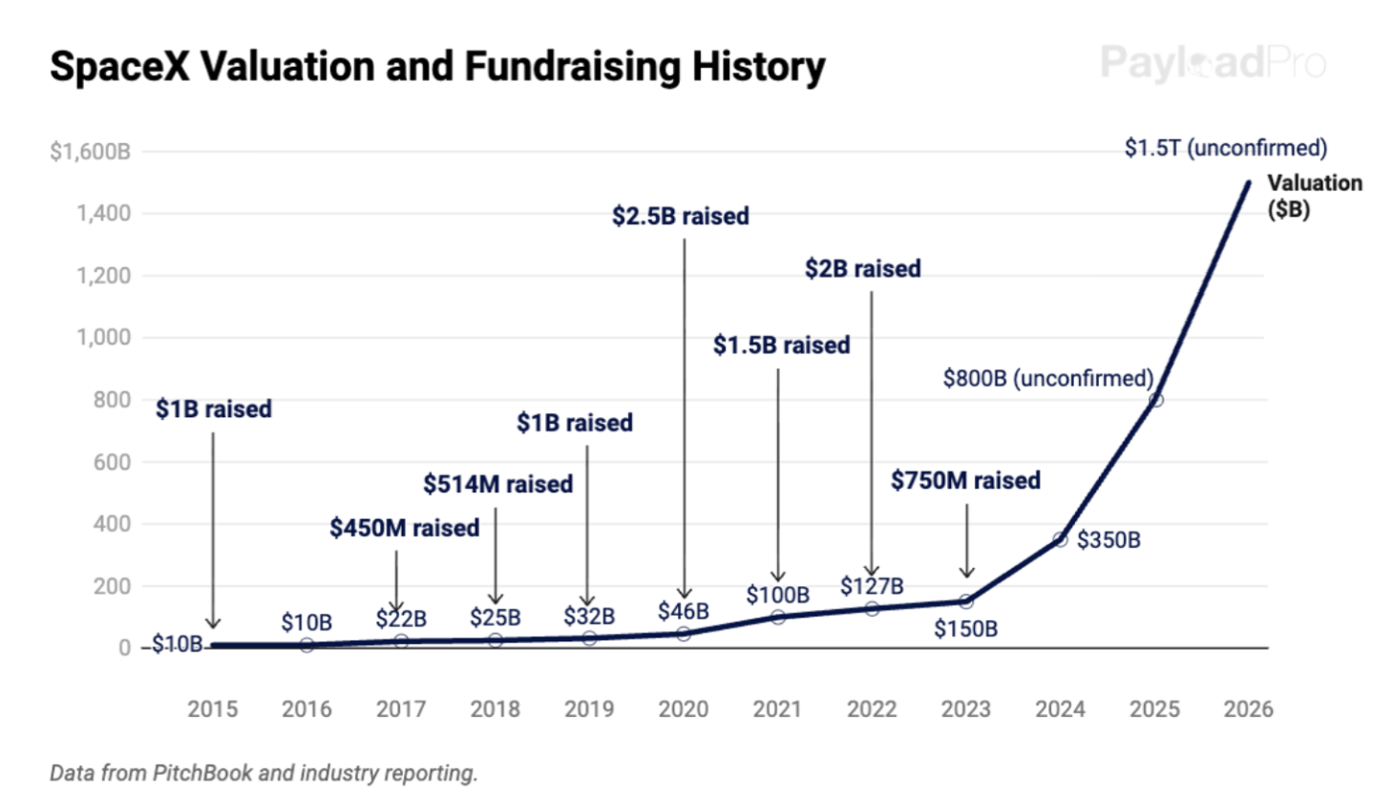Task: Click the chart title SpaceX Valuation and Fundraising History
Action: coord(437,67)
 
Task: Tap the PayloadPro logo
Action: coord(1213,63)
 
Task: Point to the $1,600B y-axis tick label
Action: coord(90,151)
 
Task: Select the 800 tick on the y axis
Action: coord(112,400)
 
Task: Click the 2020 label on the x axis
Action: coord(683,709)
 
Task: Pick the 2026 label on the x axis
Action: coord(1248,709)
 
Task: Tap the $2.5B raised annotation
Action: coord(680,217)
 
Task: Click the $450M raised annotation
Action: coord(404,528)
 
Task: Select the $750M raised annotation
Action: coord(965,480)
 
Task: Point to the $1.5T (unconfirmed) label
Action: coord(1225,148)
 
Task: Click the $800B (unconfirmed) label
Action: coord(1047,378)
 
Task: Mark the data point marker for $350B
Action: coord(1060,539)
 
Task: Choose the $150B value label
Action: coord(965,629)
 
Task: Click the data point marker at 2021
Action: coord(777,617)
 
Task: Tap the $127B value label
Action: coord(871,586)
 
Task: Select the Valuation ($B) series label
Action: coord(1314,196)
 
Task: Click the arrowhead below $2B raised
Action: coord(871,570)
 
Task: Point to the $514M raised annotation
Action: coord(497,484)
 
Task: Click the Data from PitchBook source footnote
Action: coord(264,772)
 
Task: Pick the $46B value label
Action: coord(683,611)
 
